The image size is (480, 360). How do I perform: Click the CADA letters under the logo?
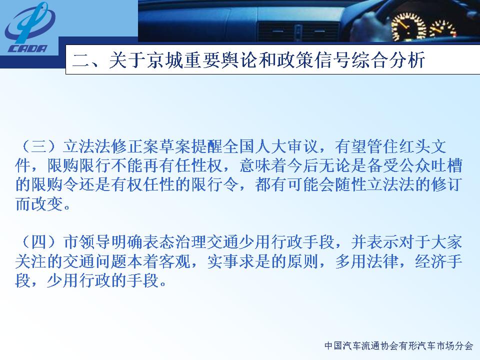(27, 48)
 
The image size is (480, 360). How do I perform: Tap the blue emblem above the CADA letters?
(30, 22)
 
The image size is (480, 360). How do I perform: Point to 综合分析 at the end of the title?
(388, 59)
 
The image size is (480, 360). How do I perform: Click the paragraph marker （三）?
(39, 147)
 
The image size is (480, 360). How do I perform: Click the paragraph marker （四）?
(39, 242)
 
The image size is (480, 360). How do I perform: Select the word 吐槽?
(445, 166)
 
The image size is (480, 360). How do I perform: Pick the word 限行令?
(214, 185)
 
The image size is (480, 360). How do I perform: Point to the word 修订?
(445, 185)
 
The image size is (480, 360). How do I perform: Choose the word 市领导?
(87, 242)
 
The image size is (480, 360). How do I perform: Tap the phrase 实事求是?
(239, 261)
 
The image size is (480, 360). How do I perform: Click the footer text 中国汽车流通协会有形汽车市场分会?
(398, 346)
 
